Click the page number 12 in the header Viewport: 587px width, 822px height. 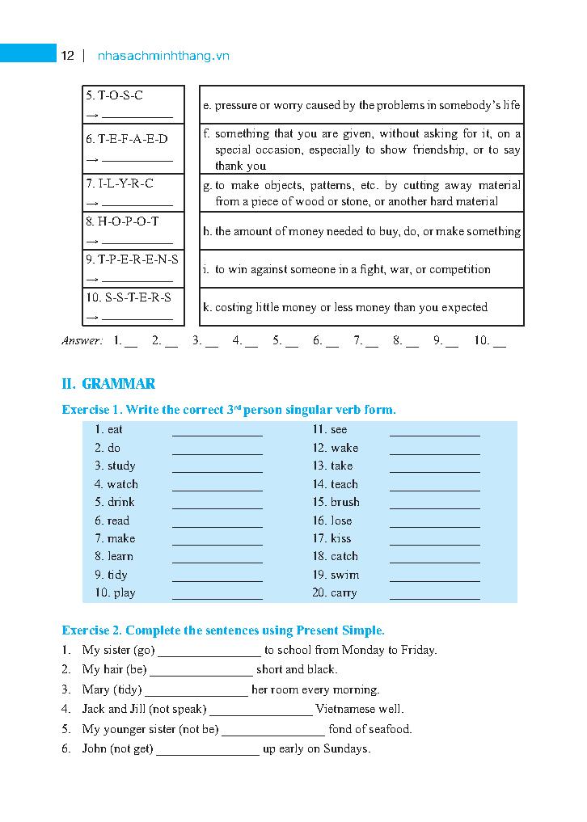click(x=67, y=56)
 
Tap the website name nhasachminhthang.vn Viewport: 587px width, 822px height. click(x=163, y=56)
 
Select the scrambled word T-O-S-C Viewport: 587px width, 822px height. click(x=115, y=95)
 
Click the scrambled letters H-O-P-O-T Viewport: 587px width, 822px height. click(x=122, y=221)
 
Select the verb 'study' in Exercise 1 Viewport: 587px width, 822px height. click(x=121, y=466)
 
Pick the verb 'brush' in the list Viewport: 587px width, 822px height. click(x=345, y=502)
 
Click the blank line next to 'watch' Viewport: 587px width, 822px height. click(x=217, y=485)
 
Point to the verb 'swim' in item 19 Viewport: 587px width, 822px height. click(x=345, y=575)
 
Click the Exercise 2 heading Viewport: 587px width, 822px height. click(x=223, y=630)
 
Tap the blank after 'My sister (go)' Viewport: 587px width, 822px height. click(x=209, y=651)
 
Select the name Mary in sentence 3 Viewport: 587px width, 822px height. click(x=95, y=689)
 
